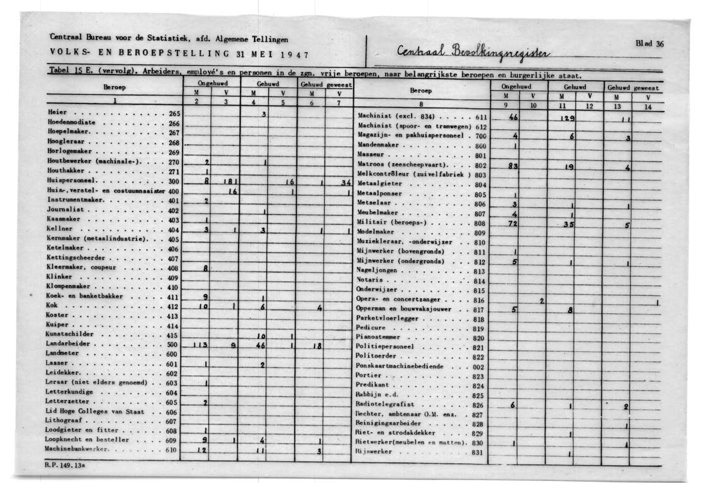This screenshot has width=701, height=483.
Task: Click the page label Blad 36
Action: coord(650,44)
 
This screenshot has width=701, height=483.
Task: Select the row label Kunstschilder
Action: coord(70,334)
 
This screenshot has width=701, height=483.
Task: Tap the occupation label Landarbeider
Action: coord(69,344)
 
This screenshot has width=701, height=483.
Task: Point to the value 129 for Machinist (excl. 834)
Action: coord(567,118)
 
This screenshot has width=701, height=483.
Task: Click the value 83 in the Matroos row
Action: coord(513,166)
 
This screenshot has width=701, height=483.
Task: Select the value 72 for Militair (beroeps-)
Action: coord(513,223)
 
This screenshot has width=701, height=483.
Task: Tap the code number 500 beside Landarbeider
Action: coord(172,345)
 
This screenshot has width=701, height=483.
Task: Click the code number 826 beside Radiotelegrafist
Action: coord(478,405)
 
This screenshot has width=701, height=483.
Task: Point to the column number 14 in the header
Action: coord(648,107)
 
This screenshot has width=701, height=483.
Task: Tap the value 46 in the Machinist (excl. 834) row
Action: coord(513,118)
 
